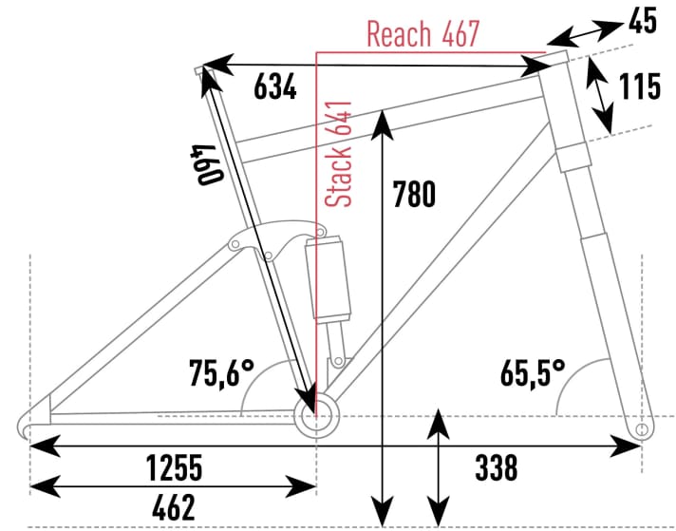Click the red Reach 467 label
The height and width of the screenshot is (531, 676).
coord(422,35)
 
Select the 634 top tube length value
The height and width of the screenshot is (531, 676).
coord(275,88)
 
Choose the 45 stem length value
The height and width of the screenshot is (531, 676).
coord(642,20)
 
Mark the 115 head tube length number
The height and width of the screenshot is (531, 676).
coord(639,87)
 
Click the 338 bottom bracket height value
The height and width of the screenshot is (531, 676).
coord(496,467)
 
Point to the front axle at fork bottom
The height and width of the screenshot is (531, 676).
coord(643,430)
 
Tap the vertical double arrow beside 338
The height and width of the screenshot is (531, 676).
coord(438,465)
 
